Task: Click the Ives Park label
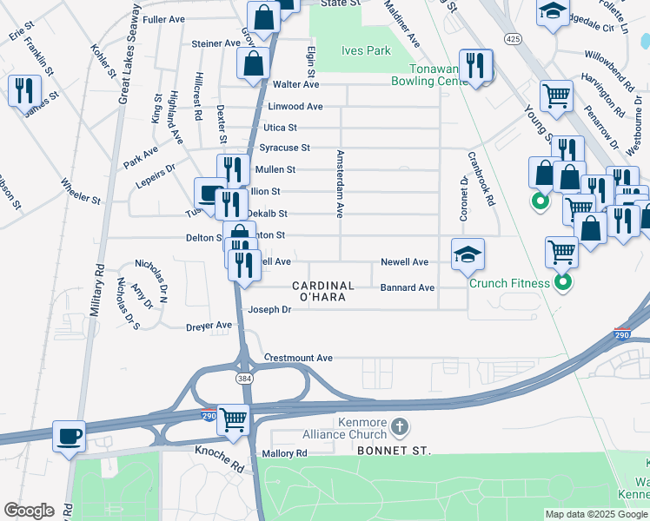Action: coord(366,51)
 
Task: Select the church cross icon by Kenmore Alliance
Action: coord(399,426)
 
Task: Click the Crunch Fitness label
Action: coord(509,283)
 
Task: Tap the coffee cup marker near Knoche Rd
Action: coord(69,436)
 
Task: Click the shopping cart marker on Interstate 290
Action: coord(234,420)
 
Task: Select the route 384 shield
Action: coord(245,379)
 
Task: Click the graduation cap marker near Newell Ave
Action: coord(468,254)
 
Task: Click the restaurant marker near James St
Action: coord(24,91)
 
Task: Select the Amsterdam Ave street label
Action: coord(340,183)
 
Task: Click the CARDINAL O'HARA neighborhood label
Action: coord(322,291)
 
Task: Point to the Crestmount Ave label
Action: coord(298,358)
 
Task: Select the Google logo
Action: coord(29,511)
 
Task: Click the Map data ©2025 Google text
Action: coord(595,514)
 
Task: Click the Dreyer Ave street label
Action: coord(209,326)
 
